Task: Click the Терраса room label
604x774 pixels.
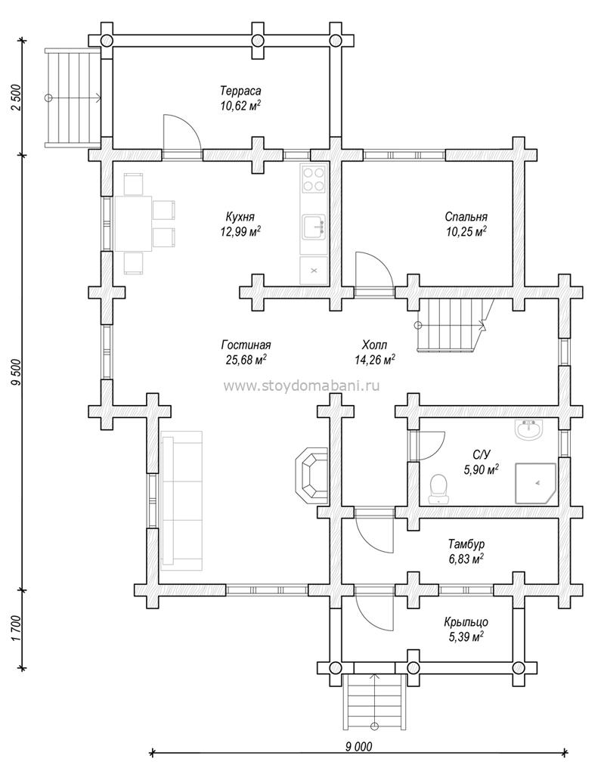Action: pos(240,91)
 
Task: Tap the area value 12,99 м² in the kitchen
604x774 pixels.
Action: pos(240,231)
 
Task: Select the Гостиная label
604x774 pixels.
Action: pos(246,345)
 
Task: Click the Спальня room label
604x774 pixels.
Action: pos(466,217)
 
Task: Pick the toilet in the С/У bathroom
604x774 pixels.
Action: pos(438,489)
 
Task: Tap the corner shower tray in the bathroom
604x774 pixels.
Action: pos(536,483)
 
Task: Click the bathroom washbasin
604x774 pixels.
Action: pos(530,429)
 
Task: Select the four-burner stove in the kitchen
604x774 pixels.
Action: pos(314,180)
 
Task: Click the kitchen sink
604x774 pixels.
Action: pos(314,228)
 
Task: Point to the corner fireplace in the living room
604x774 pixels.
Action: pos(311,476)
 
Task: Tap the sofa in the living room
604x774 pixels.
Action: pos(181,500)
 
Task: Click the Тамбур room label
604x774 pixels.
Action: pos(466,544)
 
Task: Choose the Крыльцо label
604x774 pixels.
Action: pos(466,623)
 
